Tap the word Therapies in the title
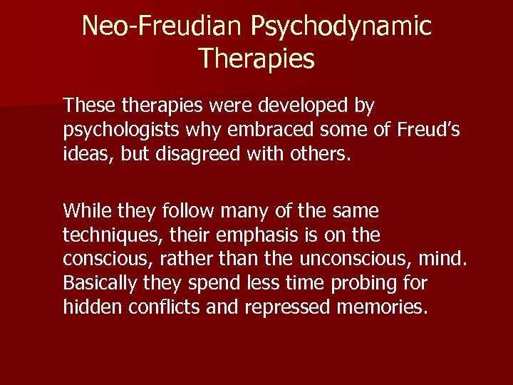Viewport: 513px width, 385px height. [x=256, y=58]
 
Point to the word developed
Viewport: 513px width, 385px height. [x=307, y=106]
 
